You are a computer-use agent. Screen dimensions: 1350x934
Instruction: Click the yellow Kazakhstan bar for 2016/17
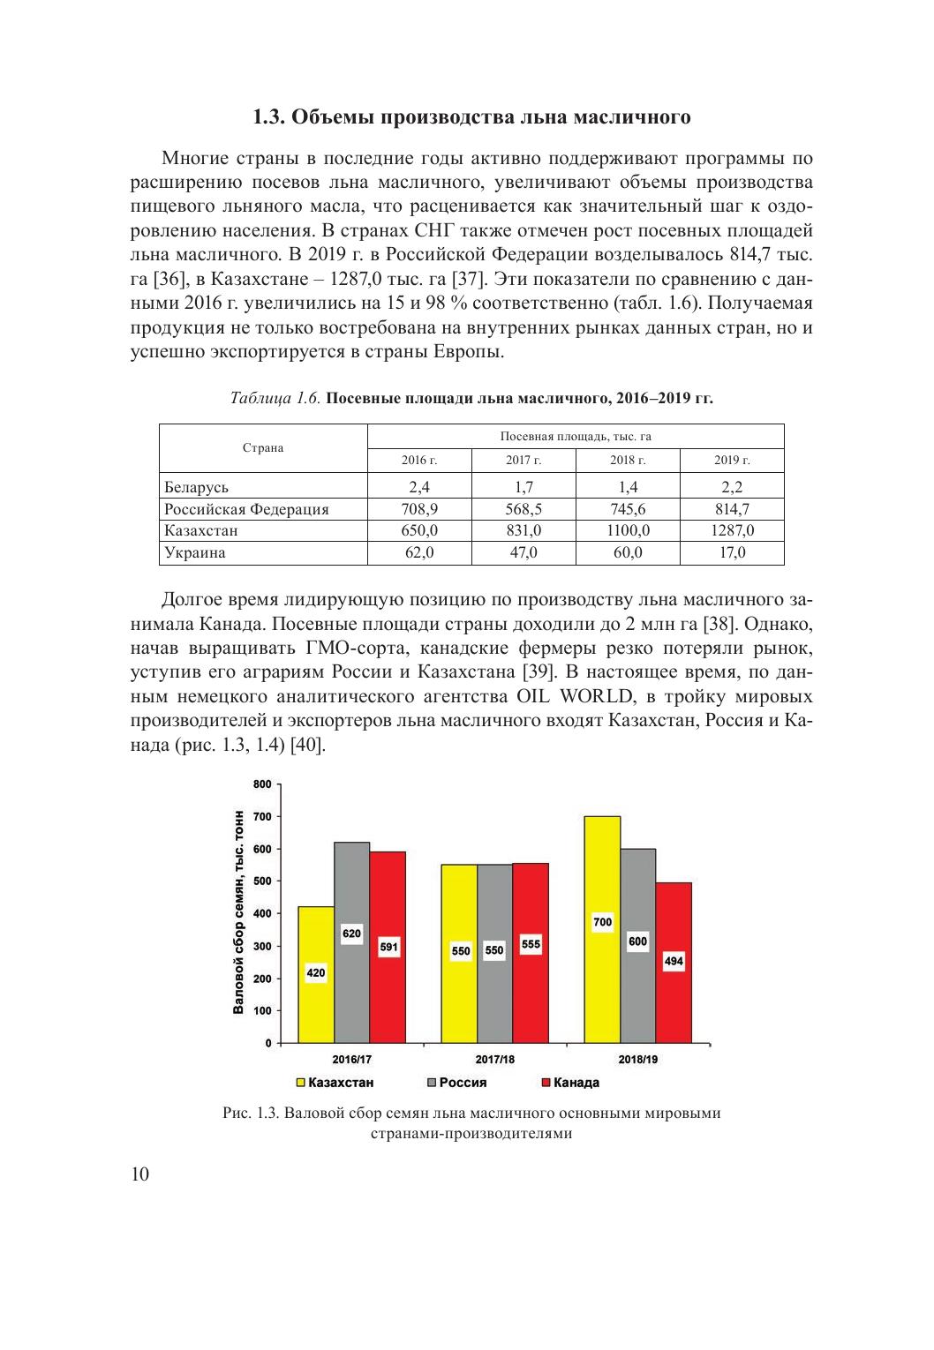click(x=316, y=1006)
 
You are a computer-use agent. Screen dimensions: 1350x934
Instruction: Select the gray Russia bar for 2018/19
click(x=637, y=988)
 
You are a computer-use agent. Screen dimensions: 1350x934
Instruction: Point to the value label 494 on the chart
click(x=674, y=962)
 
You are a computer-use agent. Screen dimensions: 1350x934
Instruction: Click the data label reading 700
click(x=602, y=922)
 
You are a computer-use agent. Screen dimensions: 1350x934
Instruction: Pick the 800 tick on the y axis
click(x=262, y=784)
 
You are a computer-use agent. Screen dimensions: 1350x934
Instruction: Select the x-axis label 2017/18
click(x=494, y=1059)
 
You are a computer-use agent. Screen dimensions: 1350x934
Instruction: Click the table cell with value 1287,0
click(x=732, y=531)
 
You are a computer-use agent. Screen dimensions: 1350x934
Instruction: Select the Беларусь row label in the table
click(x=197, y=487)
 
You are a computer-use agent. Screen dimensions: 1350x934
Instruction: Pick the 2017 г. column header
click(x=523, y=461)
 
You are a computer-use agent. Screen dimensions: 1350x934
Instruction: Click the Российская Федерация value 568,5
click(x=523, y=509)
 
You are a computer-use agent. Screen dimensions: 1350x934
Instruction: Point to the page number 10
click(x=139, y=1174)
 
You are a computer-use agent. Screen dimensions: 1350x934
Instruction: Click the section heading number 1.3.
click(x=267, y=117)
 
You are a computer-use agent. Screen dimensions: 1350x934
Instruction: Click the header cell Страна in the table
click(x=263, y=448)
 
